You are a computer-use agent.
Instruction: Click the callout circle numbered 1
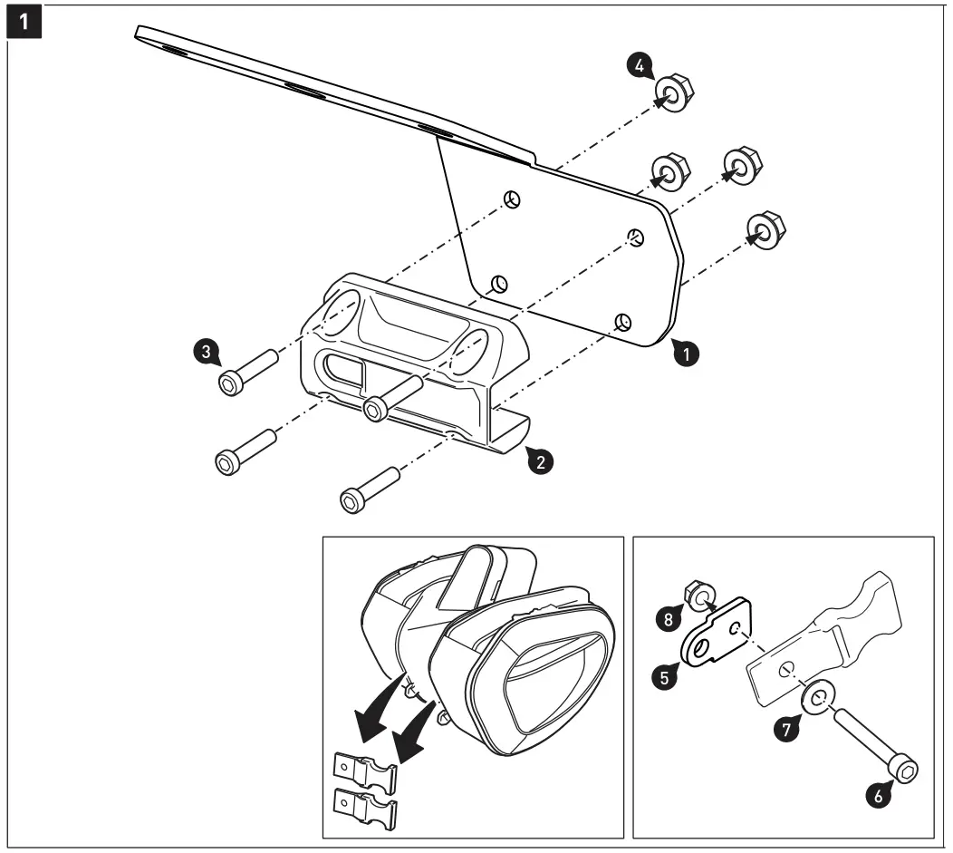coord(688,354)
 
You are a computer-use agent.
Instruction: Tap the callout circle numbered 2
coord(541,461)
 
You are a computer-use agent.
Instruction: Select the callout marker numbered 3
coord(208,353)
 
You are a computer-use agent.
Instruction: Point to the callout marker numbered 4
coord(639,66)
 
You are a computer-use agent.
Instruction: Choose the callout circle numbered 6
coord(874,794)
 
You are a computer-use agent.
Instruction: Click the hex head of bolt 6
coord(904,771)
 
